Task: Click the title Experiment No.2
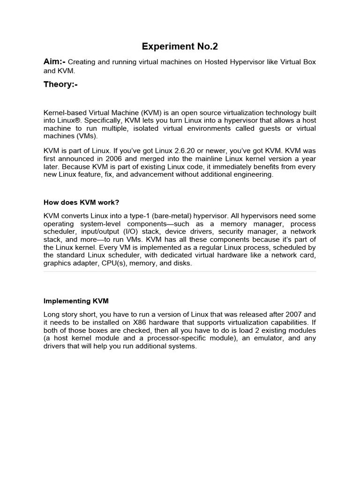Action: coord(180,46)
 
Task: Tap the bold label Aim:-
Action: coord(55,62)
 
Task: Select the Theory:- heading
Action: coord(63,84)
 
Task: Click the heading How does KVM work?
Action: coord(82,202)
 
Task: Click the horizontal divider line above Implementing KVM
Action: coord(180,271)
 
